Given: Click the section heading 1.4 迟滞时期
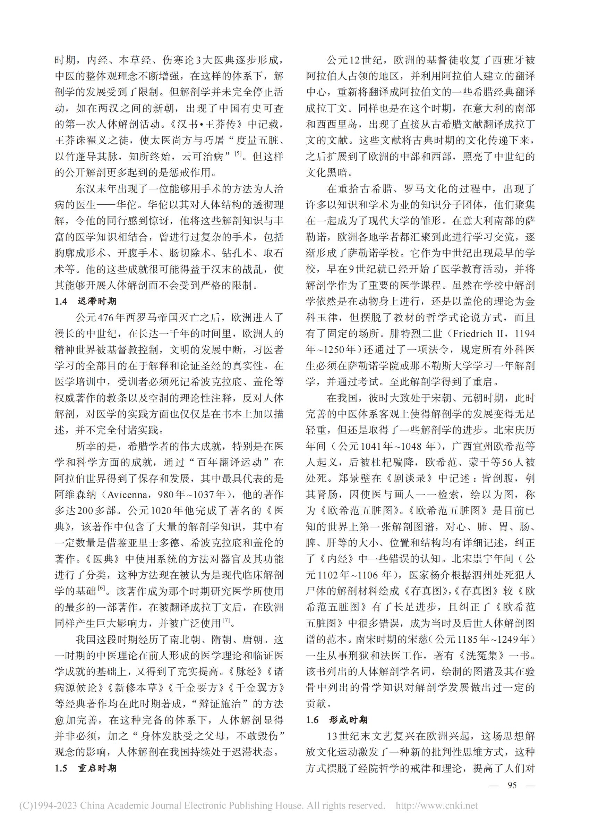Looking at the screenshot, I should pos(85,301).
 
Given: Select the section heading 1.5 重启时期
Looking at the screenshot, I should pos(85,768).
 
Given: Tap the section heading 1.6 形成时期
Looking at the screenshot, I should pos(337,720).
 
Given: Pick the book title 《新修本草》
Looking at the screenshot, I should pos(136,688).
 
